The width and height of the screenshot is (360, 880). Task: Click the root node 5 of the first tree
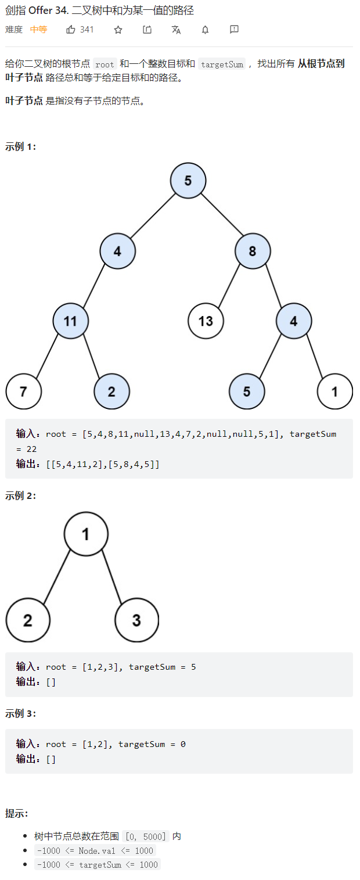188,181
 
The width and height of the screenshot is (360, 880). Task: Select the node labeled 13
206,321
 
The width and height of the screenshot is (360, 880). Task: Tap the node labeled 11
70,321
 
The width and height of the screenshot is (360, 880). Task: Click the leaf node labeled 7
23,391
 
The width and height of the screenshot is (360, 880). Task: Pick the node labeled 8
253,252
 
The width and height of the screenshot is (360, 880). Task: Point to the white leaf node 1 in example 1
334,391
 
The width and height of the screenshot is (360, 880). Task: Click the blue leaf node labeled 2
111,391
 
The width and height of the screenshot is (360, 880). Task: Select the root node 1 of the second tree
86,534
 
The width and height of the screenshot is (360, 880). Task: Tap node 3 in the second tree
136,620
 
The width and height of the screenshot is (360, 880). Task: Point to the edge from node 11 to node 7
47,355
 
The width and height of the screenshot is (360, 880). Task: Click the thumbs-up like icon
71,30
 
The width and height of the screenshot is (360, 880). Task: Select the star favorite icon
118,30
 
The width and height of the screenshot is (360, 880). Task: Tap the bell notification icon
205,30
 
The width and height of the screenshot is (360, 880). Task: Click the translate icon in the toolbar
176,30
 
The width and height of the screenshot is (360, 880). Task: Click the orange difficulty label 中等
38,30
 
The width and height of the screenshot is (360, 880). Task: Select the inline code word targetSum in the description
222,64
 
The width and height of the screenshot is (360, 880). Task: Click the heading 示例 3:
20,713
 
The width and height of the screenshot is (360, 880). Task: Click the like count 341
87,30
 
